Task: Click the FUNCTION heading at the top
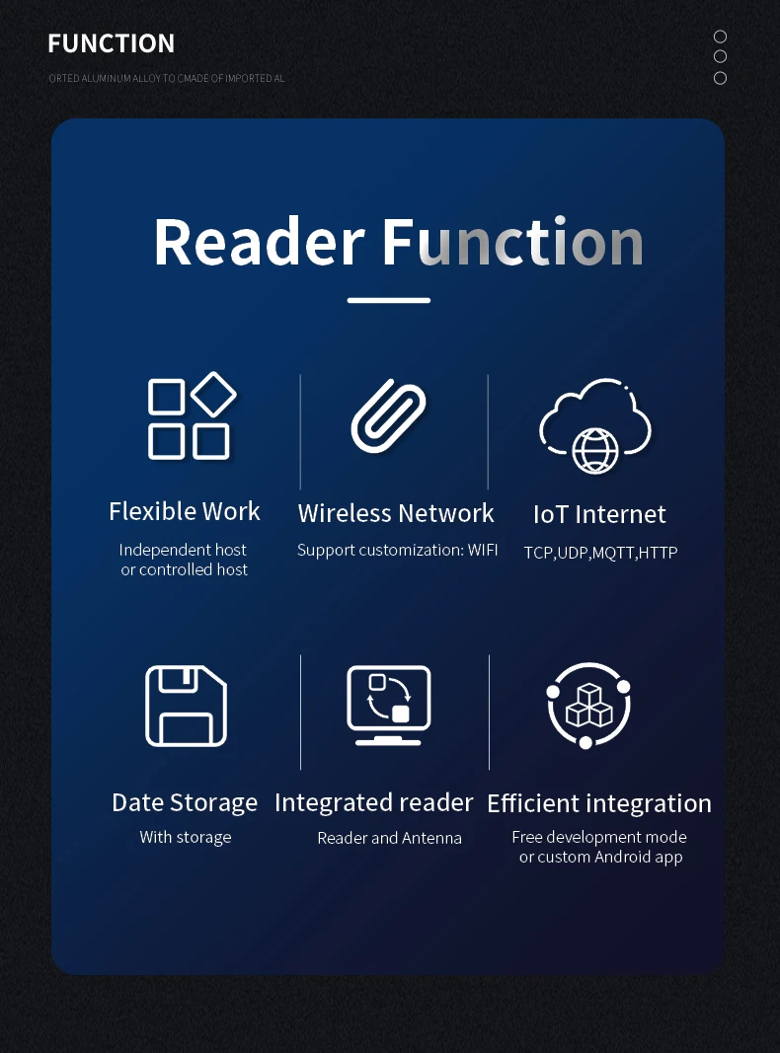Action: pyautogui.click(x=111, y=43)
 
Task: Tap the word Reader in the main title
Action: pyautogui.click(x=260, y=242)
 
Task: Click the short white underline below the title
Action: pyautogui.click(x=388, y=300)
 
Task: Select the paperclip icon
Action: pyautogui.click(x=388, y=415)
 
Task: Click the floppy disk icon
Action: pyautogui.click(x=186, y=706)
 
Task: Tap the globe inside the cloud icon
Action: pyautogui.click(x=594, y=451)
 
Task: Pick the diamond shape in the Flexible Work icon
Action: pyautogui.click(x=213, y=394)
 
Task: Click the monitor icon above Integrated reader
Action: pyautogui.click(x=388, y=706)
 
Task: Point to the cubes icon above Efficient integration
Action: pyautogui.click(x=587, y=706)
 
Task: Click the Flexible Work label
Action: pyautogui.click(x=184, y=511)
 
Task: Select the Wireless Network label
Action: pyautogui.click(x=396, y=513)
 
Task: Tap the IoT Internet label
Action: pyautogui.click(x=599, y=514)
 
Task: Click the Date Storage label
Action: pyautogui.click(x=185, y=802)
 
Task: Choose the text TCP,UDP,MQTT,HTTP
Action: pyautogui.click(x=600, y=553)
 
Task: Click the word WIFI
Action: pyautogui.click(x=483, y=550)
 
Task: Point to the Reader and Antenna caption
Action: pyautogui.click(x=390, y=838)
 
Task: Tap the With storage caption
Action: pyautogui.click(x=186, y=838)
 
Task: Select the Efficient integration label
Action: pyautogui.click(x=599, y=803)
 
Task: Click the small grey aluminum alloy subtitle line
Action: pyautogui.click(x=167, y=79)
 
